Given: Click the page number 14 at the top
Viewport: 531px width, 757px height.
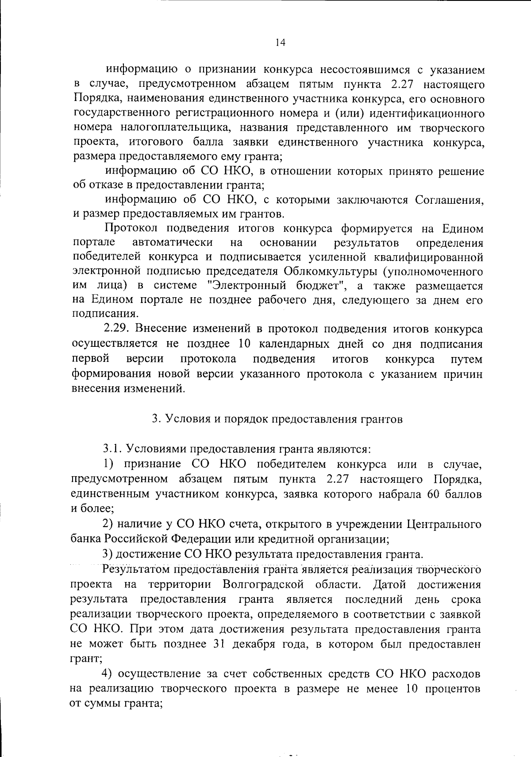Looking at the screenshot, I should [280, 43].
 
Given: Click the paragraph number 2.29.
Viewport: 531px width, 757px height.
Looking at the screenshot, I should [116, 329].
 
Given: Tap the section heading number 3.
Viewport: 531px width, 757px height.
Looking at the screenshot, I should [155, 419].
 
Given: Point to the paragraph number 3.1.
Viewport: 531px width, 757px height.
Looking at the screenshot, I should [113, 449].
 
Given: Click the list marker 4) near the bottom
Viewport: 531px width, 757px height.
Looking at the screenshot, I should [107, 674].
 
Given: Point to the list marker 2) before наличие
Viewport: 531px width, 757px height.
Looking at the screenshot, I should [108, 524].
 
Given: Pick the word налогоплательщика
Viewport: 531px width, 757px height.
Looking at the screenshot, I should [175, 128].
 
